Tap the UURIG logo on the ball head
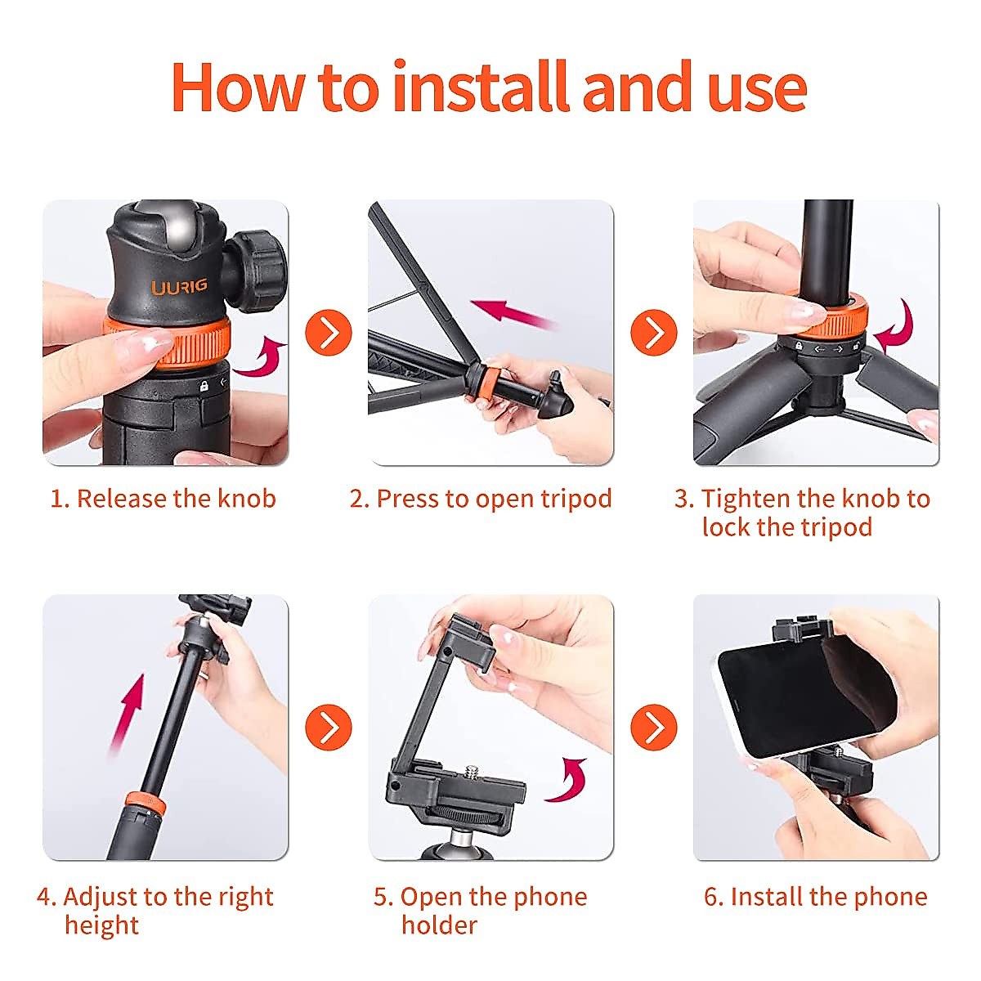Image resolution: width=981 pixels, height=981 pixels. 179,287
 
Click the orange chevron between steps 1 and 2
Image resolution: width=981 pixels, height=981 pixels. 329,333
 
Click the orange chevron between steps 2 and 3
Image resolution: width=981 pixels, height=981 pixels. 654,333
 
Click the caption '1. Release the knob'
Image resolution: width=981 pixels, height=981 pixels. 163,499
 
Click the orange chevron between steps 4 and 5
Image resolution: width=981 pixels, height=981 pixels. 329,727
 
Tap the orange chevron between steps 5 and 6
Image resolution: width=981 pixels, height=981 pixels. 654,727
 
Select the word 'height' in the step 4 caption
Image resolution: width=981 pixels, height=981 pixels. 102,925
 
